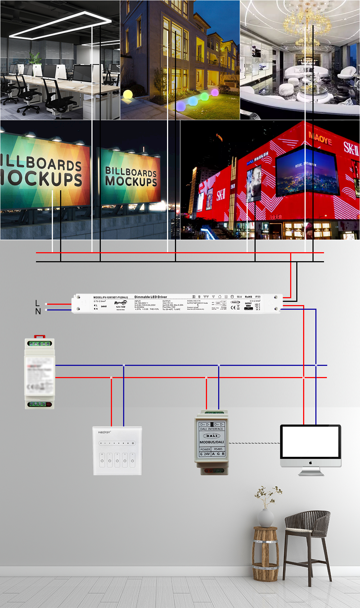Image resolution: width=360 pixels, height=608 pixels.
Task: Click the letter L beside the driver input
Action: coord(37,303)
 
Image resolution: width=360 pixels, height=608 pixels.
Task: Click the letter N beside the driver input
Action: coord(38,312)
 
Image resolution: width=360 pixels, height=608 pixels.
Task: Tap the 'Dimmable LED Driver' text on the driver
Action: coord(150,297)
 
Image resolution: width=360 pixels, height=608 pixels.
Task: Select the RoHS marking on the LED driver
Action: coord(248,297)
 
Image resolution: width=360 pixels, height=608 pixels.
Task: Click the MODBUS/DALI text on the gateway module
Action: coord(212,442)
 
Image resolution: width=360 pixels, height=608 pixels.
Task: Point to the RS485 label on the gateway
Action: coord(218,449)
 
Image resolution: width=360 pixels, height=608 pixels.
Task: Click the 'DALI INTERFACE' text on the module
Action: coord(212,429)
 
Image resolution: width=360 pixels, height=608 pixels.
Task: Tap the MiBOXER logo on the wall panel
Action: coord(104,432)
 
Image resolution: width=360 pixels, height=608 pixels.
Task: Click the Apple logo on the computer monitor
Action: coord(310,463)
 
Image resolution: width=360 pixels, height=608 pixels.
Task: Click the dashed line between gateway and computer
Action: coord(254,443)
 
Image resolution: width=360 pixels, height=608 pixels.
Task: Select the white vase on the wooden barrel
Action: coord(266,518)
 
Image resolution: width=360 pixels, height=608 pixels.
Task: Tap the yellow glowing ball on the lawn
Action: coord(128,95)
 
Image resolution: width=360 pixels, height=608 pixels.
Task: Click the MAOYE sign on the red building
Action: coord(320,139)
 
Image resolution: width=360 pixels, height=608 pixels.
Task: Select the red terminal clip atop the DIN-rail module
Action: coord(39,337)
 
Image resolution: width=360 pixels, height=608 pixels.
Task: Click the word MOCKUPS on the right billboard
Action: coord(131,181)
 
